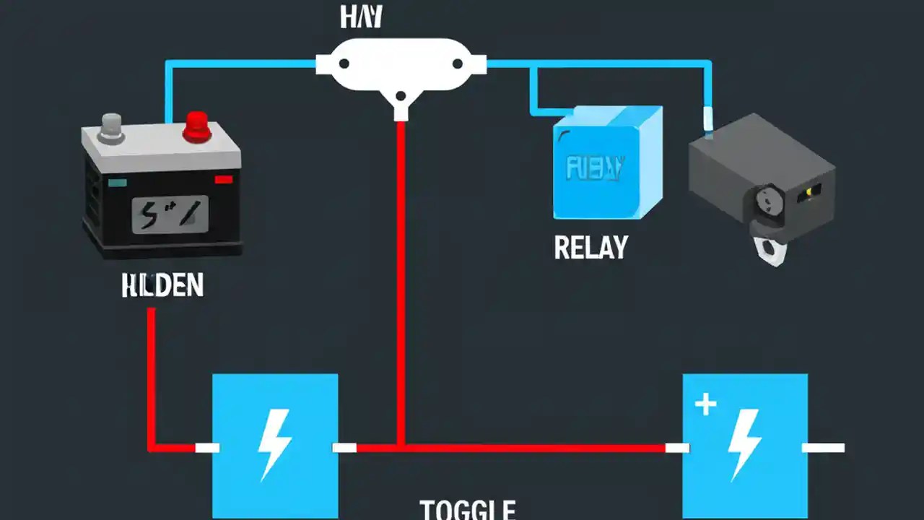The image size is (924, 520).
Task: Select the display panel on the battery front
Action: pyautogui.click(x=170, y=214)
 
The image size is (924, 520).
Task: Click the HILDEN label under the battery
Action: pyautogui.click(x=162, y=286)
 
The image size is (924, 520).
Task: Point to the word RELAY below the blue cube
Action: pyautogui.click(x=590, y=248)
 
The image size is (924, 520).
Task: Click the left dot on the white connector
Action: pyautogui.click(x=344, y=64)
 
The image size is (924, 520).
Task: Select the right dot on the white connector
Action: pyautogui.click(x=457, y=64)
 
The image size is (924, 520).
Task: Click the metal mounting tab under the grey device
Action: pyautogui.click(x=770, y=249)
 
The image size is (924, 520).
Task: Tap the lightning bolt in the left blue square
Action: pyautogui.click(x=274, y=443)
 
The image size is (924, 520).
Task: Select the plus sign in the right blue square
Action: pyautogui.click(x=705, y=404)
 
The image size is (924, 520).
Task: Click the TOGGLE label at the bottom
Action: pyautogui.click(x=467, y=510)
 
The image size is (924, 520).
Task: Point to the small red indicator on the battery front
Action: pyautogui.click(x=223, y=178)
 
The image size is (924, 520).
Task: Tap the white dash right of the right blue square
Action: pyautogui.click(x=823, y=448)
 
